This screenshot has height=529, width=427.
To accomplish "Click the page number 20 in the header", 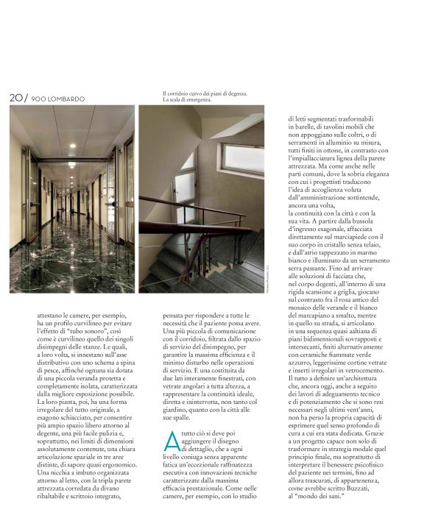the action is point(15,98).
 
